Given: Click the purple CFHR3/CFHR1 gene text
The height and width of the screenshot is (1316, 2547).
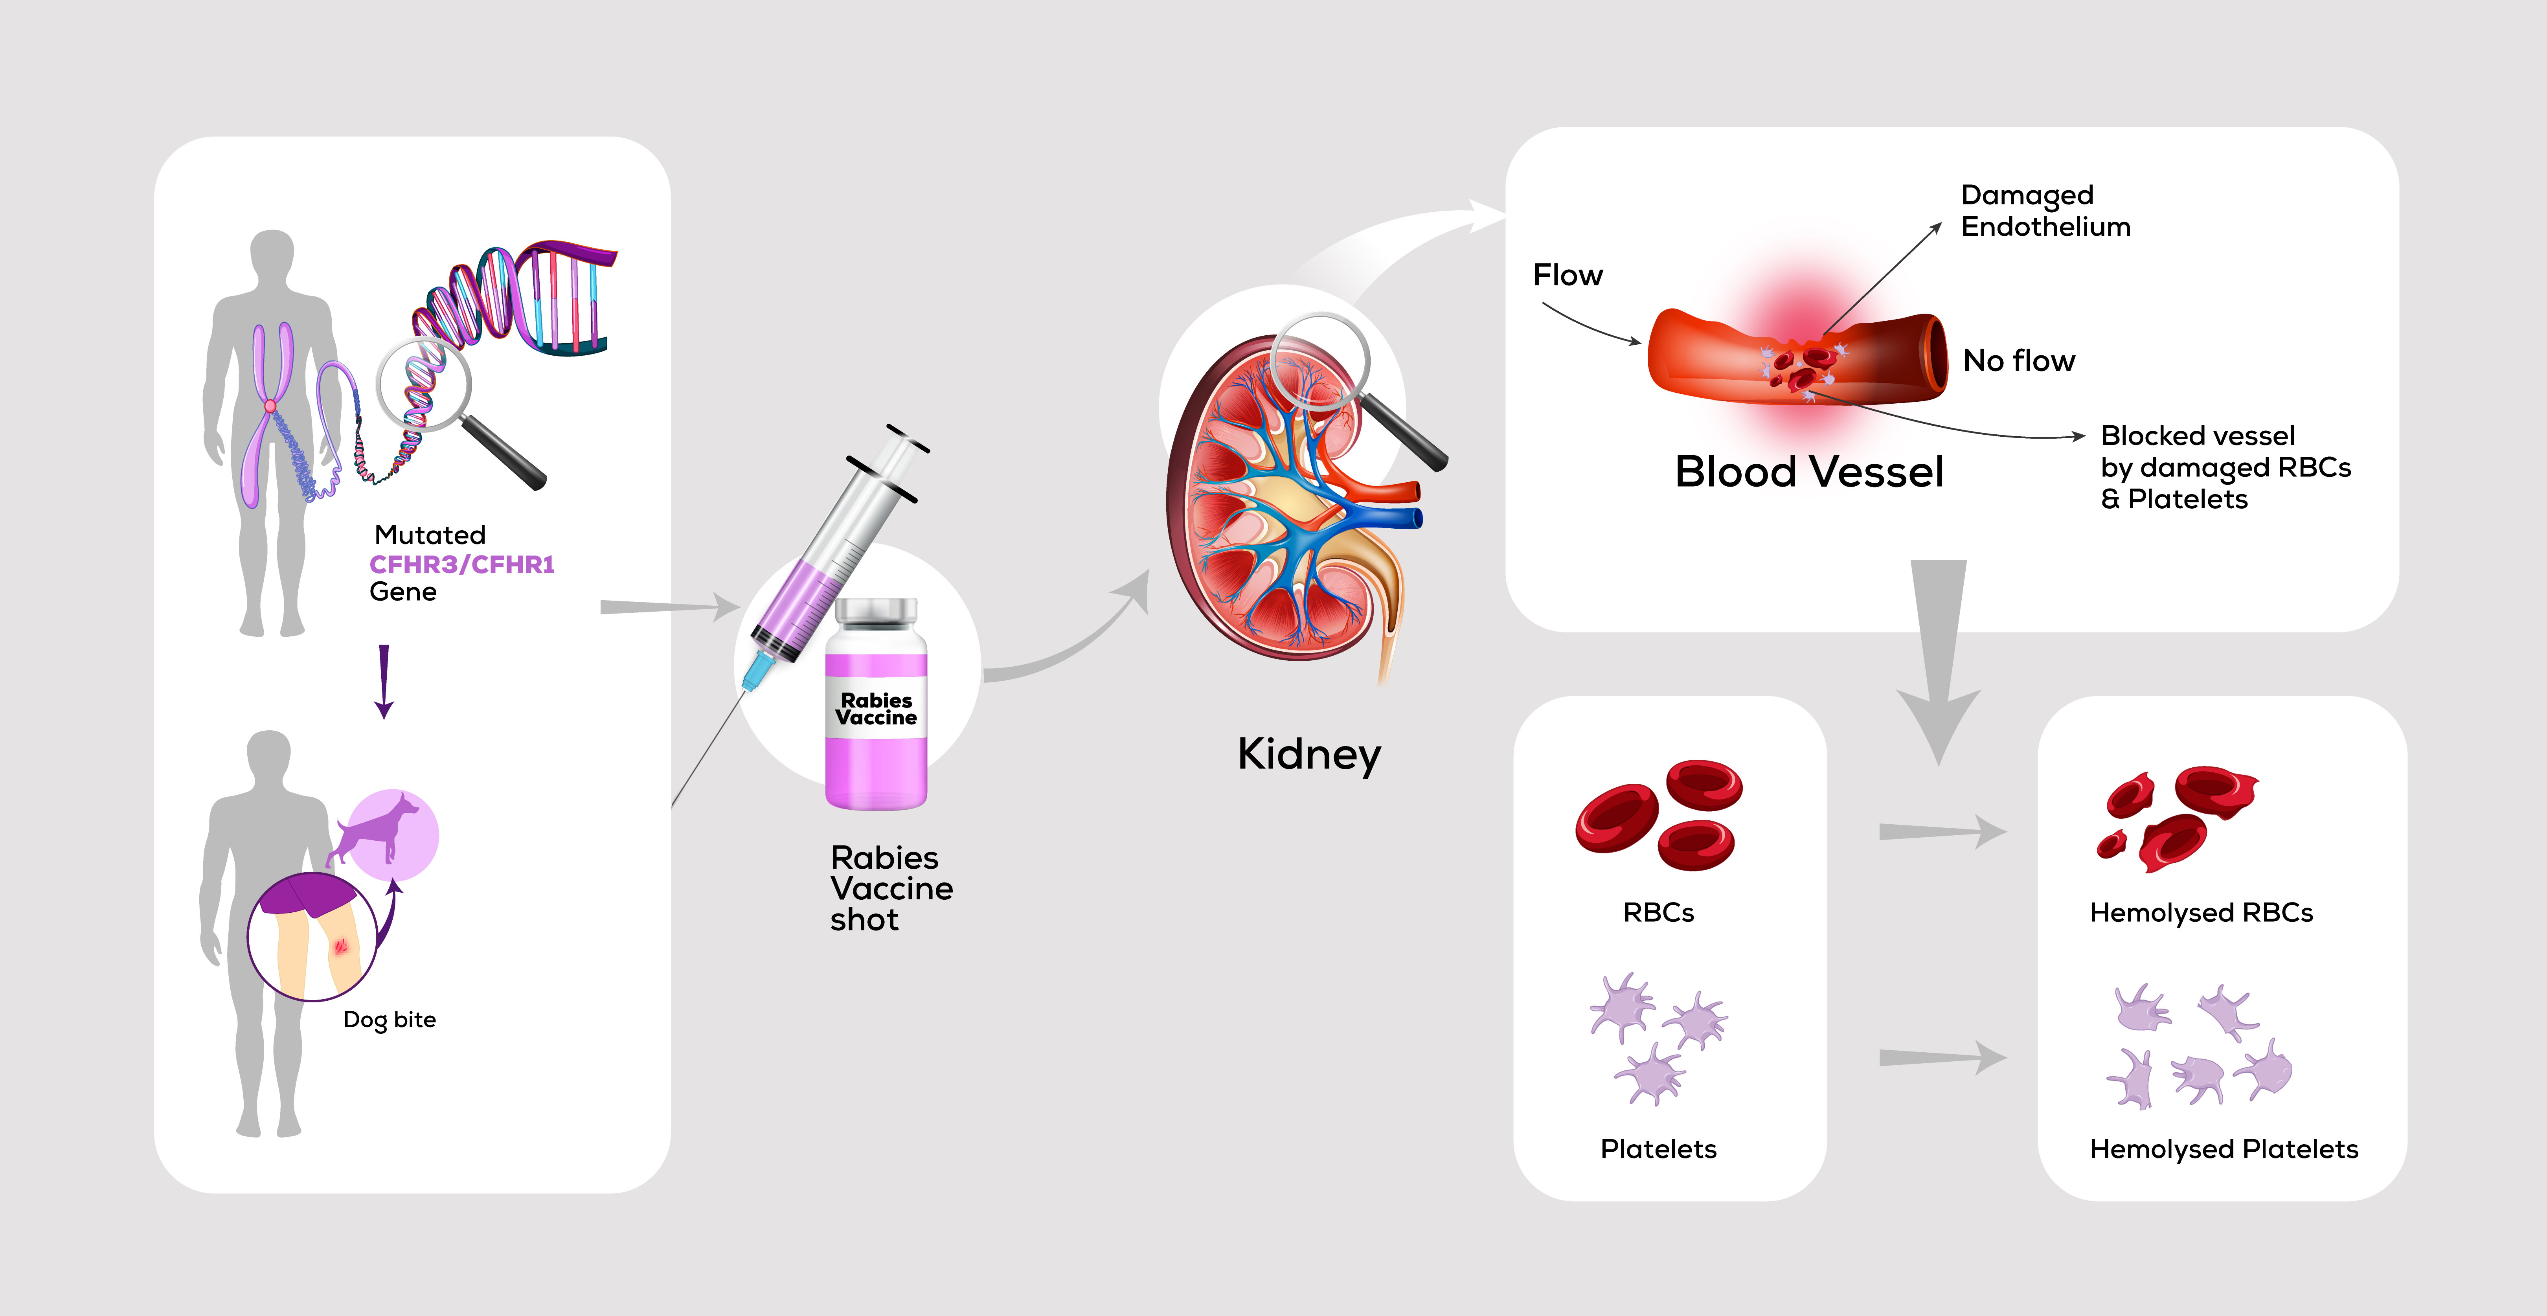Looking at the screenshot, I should click(462, 564).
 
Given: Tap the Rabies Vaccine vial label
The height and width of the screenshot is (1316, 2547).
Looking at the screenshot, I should click(876, 709).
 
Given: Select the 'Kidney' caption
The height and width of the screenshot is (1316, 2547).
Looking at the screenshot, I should click(1308, 754).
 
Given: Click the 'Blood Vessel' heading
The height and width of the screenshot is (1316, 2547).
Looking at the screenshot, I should click(1808, 472).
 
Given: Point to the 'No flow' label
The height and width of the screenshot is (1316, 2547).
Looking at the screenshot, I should click(2018, 361).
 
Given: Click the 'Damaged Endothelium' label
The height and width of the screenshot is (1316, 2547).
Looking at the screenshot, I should click(2045, 211).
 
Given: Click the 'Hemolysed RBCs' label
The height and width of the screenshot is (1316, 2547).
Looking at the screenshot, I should click(2201, 913).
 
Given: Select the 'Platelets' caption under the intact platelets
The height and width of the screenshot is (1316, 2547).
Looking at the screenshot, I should click(1658, 1149).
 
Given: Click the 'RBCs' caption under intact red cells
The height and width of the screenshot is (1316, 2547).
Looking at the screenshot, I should click(1658, 913).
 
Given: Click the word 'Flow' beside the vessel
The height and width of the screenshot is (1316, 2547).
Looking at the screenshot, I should click(1567, 275).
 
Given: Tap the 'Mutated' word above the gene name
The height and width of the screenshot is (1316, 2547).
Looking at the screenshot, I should click(430, 535).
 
